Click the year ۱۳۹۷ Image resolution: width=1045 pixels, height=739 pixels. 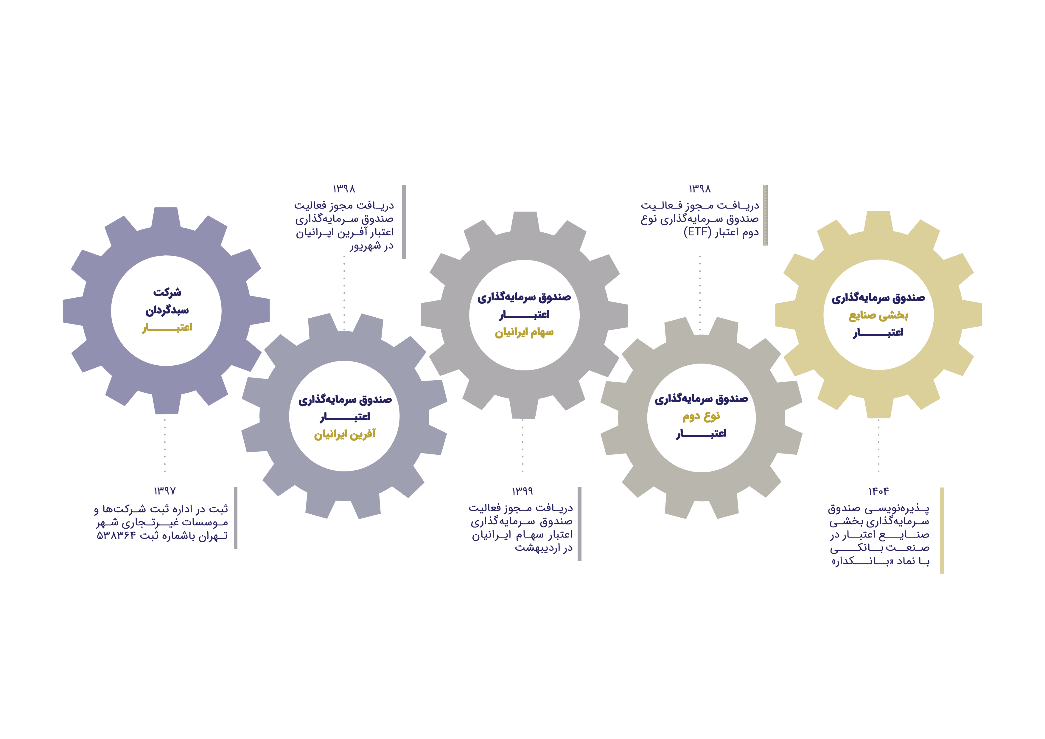pyautogui.click(x=165, y=491)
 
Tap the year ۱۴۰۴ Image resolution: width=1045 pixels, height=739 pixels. pyautogui.click(x=878, y=491)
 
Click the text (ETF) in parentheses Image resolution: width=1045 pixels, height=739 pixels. pyautogui.click(x=698, y=232)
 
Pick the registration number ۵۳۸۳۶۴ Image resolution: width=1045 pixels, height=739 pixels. pyautogui.click(x=116, y=535)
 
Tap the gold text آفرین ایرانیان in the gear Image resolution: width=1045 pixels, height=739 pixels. pyautogui.click(x=345, y=434)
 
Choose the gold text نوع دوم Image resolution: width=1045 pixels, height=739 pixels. pyautogui.click(x=701, y=416)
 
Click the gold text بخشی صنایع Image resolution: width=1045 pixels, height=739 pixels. pyautogui.click(x=878, y=316)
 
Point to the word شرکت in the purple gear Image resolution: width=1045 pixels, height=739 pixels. pyautogui.click(x=167, y=292)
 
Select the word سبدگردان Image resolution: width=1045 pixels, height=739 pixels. pyautogui.click(x=167, y=310)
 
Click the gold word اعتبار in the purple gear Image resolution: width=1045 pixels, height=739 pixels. pyautogui.click(x=167, y=327)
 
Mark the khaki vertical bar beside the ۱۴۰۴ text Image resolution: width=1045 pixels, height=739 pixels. pyautogui.click(x=942, y=530)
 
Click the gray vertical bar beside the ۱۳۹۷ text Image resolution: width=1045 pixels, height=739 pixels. pyautogui.click(x=236, y=518)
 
